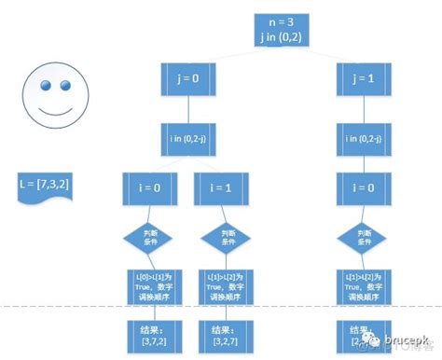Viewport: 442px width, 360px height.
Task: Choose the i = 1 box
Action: tap(228, 187)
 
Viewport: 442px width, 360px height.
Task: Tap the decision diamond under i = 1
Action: tap(228, 237)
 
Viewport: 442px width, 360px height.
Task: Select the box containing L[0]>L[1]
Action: tap(154, 283)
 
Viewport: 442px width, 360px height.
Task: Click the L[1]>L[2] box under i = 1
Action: tap(228, 283)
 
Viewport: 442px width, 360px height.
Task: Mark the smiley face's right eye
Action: tap(65, 85)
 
